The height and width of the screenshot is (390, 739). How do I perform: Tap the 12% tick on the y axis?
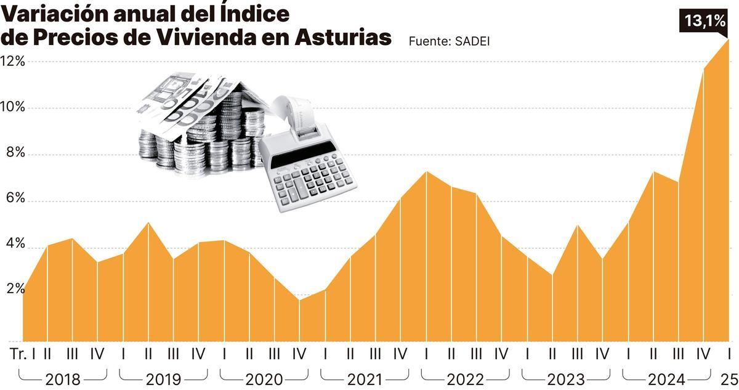[13, 61]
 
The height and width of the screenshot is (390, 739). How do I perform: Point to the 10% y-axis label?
[13, 107]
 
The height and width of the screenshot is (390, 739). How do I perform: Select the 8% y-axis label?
[13, 153]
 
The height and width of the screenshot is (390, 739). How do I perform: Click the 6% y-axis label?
[13, 198]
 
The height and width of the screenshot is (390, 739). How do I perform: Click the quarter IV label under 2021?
[400, 354]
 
